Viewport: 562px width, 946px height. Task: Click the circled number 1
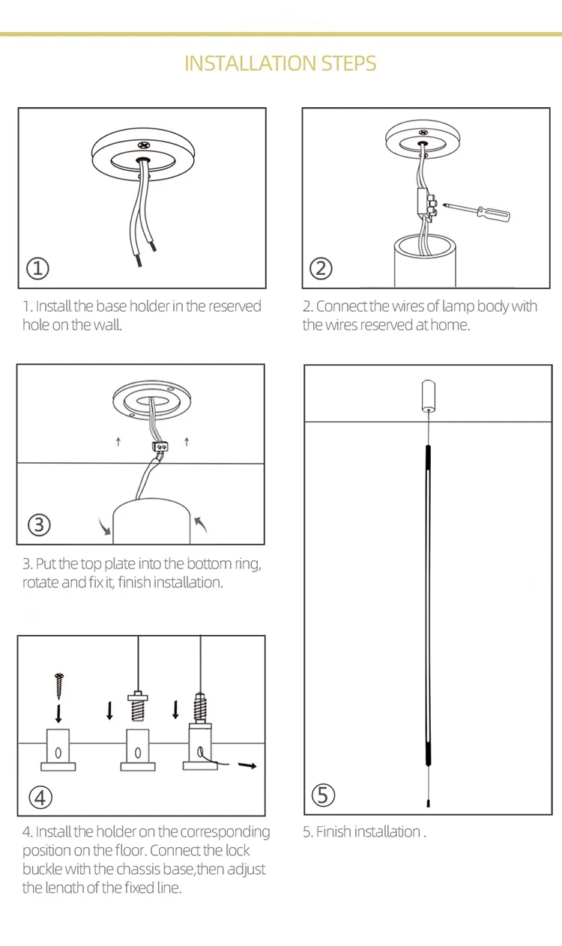coord(37,269)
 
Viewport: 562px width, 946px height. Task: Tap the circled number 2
coord(321,269)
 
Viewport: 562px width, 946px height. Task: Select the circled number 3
coord(39,525)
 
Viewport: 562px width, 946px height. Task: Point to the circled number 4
coord(40,798)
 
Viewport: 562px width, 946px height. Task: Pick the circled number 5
coord(323,795)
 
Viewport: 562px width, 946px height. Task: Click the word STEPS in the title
coord(348,64)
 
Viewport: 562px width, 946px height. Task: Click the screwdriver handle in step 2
coord(494,213)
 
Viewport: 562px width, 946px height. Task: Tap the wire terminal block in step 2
coord(427,204)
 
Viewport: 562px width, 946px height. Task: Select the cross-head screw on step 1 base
coord(144,145)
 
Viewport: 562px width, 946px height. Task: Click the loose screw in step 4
coord(59,686)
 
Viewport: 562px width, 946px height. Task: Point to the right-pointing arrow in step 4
coord(247,765)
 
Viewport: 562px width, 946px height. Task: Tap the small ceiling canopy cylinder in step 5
coord(429,395)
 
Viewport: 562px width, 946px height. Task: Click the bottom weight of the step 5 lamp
coord(428,803)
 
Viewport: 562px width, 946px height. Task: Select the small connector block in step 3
coord(160,446)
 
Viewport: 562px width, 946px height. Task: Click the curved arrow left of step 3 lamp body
coord(104,527)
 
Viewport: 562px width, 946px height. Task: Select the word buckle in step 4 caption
coord(42,869)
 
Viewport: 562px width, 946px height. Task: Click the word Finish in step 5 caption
coord(333,831)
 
